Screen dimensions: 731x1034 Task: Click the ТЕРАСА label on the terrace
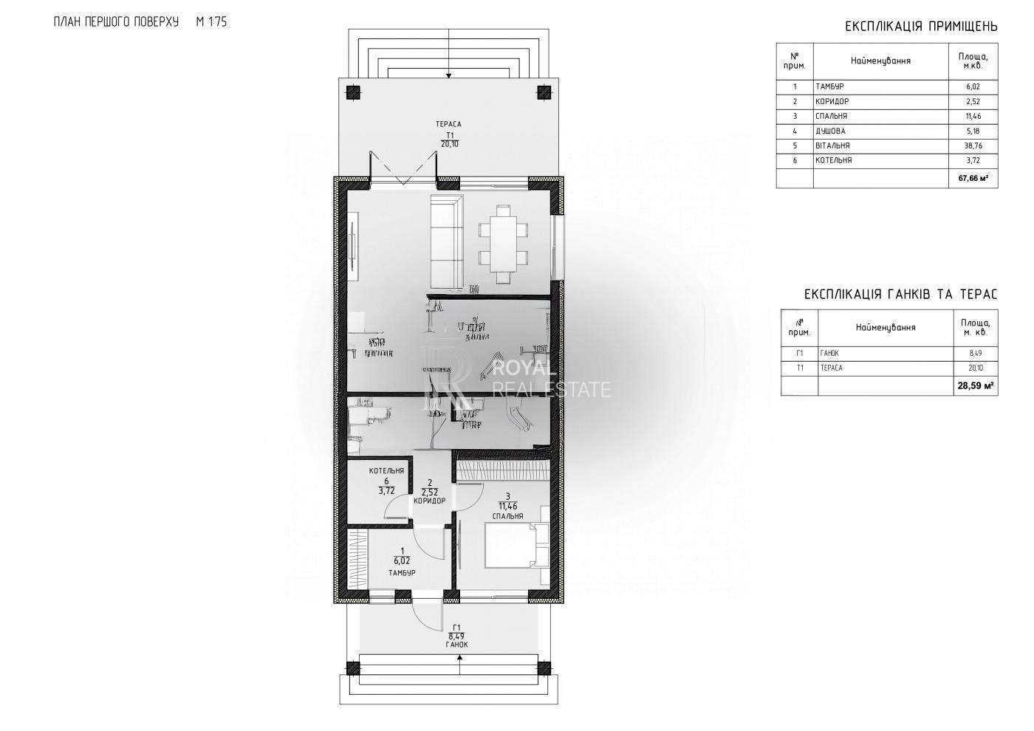449,125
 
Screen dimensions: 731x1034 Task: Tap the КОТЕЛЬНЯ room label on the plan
386,470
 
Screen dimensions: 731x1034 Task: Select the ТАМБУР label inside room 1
402,573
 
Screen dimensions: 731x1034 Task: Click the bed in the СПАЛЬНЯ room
516,545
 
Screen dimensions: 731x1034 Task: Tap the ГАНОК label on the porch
457,645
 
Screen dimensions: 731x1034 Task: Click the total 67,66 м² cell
973,178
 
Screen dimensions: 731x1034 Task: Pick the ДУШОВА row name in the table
830,131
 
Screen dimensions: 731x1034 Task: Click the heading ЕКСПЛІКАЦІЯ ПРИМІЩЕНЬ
921,27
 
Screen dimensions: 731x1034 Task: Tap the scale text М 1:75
211,22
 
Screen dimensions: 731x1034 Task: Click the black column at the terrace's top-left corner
353,92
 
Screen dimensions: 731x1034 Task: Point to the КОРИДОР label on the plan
429,501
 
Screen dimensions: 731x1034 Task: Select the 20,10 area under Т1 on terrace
449,144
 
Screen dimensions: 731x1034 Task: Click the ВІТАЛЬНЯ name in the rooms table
832,145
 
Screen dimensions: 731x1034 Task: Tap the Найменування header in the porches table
886,327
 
